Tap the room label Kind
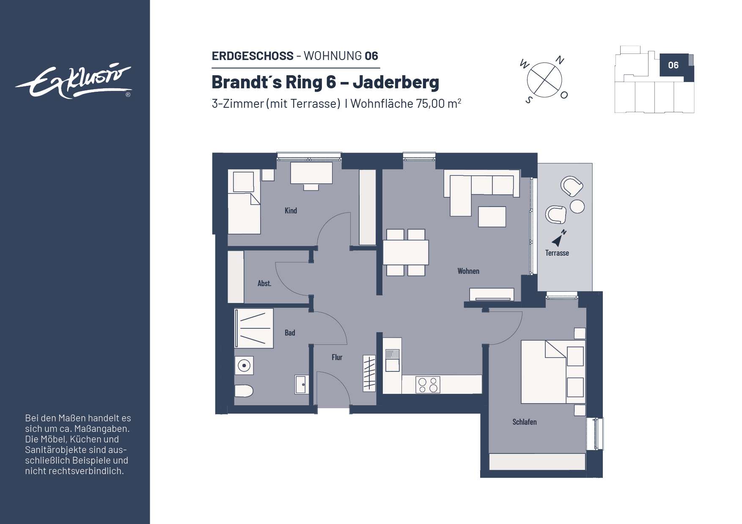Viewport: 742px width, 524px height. point(291,210)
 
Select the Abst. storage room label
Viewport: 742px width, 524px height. point(264,284)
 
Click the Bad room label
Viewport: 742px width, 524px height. point(290,333)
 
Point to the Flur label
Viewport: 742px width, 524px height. point(337,358)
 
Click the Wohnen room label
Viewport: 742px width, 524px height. point(468,271)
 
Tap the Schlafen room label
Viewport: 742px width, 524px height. point(524,422)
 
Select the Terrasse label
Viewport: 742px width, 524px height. point(557,253)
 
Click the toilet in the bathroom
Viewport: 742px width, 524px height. point(244,390)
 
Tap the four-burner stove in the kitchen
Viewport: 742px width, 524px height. point(428,385)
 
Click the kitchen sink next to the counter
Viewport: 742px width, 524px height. point(392,360)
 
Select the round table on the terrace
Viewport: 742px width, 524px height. point(577,207)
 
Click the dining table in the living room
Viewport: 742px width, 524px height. point(406,252)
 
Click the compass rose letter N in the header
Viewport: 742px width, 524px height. point(560,60)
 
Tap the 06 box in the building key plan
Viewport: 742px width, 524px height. point(673,65)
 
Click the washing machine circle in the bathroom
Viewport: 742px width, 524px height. point(244,366)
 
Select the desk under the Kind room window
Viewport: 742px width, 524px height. point(311,173)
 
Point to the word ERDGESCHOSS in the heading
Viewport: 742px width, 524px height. point(253,56)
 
